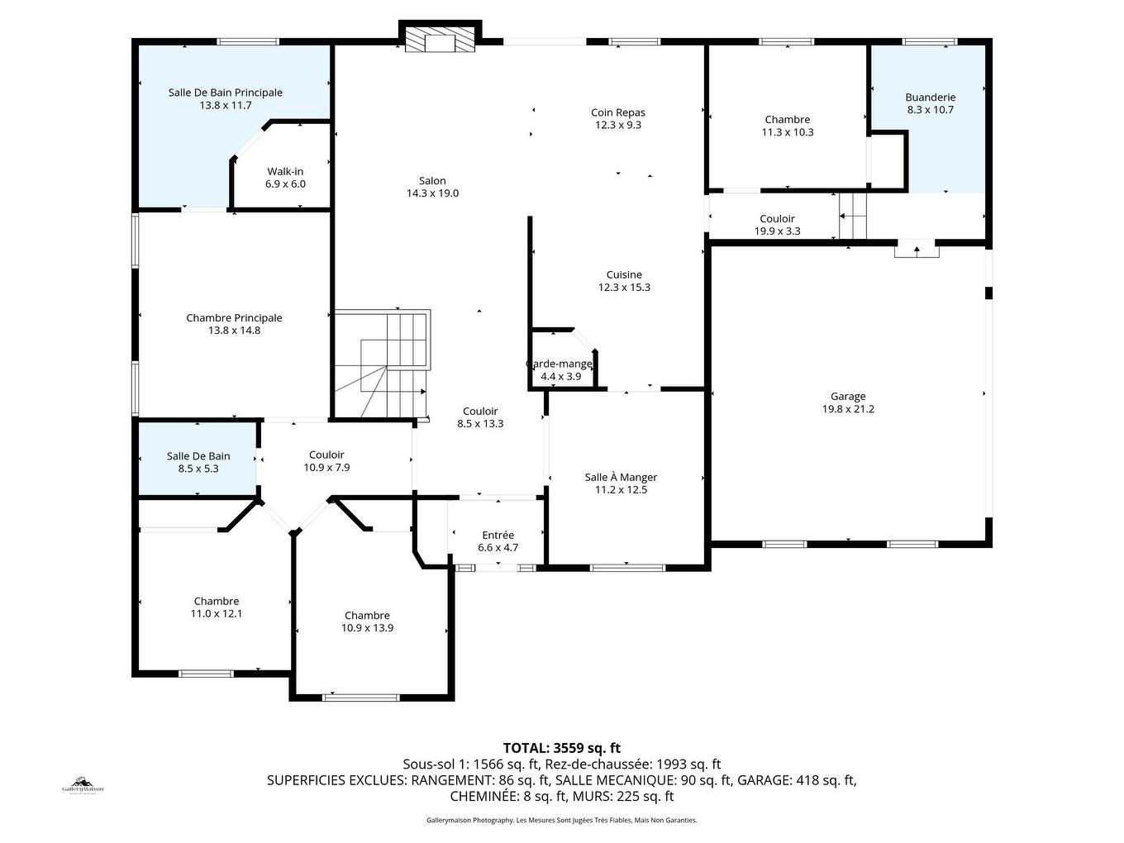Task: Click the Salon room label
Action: coord(432,181)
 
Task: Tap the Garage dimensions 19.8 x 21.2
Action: coord(848,409)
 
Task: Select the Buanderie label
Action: coord(930,98)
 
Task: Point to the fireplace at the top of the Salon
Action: coord(440,40)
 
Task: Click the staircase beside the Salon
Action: coord(382,364)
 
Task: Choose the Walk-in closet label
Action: coord(285,172)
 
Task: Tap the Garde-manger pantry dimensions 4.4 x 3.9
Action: coord(560,377)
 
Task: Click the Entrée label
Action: coord(498,536)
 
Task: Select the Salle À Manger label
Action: coord(621,478)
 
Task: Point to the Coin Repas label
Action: coord(617,113)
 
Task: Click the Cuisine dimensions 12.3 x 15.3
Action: coord(624,288)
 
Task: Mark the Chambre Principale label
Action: coord(234,318)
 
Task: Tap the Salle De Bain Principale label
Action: coord(225,93)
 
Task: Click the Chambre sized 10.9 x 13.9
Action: coord(367,622)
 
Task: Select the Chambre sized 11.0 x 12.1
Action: coord(217,607)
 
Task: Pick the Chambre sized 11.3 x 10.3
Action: coord(788,126)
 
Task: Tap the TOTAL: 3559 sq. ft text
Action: coord(561,748)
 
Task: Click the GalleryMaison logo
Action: coord(83,785)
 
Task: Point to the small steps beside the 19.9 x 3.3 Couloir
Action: coord(853,217)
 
